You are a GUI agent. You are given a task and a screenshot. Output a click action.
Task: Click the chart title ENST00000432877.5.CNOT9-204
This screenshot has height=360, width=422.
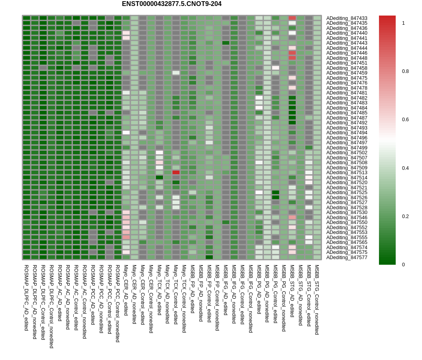(x=172, y=4)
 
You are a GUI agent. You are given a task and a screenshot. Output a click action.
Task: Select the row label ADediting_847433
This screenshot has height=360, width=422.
(x=347, y=18)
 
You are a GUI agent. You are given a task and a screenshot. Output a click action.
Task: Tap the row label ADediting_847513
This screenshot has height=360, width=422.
(x=347, y=173)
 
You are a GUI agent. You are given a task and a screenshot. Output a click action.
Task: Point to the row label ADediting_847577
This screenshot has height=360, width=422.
(x=347, y=258)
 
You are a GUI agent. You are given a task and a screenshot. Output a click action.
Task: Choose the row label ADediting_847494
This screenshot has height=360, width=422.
(x=347, y=133)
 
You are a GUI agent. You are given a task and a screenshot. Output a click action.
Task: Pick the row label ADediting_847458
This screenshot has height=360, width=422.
(x=347, y=68)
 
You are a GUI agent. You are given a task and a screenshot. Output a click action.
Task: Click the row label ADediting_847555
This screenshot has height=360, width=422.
(x=347, y=238)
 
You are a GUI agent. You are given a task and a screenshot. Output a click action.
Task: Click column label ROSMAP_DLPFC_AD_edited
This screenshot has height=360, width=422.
(x=26, y=298)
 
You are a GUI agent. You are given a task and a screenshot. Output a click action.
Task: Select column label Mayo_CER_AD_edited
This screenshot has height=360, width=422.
(x=126, y=290)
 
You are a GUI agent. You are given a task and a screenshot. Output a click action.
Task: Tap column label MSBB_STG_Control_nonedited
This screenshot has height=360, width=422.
(x=317, y=300)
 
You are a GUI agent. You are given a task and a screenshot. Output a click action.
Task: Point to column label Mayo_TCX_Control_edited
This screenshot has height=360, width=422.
(x=175, y=294)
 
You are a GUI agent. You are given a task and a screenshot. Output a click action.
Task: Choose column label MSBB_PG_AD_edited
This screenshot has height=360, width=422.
(x=259, y=289)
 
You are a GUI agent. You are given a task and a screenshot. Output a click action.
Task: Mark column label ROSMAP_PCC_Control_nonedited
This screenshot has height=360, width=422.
(x=117, y=303)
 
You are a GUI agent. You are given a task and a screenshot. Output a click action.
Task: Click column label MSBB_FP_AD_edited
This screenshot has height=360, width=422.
(x=192, y=289)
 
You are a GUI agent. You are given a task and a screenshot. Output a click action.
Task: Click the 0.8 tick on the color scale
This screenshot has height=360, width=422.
(x=405, y=71)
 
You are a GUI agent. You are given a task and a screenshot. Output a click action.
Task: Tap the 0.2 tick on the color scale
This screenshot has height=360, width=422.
(x=405, y=216)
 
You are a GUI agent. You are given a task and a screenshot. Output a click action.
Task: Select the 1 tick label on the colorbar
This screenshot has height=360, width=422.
(x=403, y=23)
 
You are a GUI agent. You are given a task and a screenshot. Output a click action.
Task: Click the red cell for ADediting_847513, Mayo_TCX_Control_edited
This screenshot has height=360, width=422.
(x=176, y=172)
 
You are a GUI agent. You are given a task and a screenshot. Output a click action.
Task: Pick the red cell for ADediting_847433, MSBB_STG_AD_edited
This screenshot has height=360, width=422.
(x=292, y=18)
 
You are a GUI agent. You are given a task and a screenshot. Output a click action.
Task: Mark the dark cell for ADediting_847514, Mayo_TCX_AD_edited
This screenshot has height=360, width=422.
(x=159, y=177)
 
